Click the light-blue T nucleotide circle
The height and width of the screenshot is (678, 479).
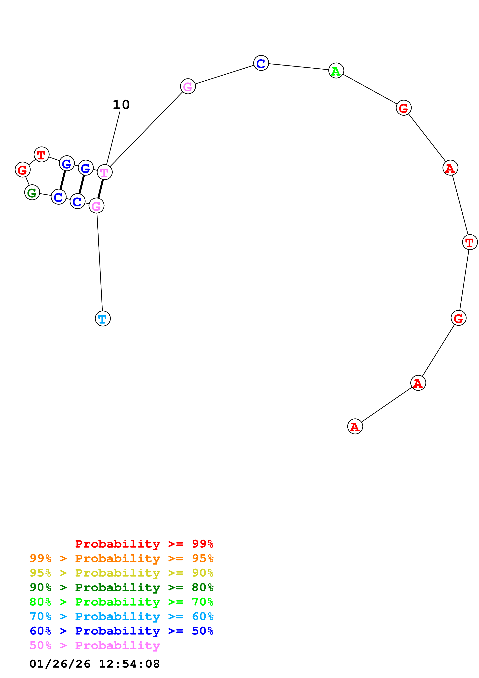click(x=103, y=319)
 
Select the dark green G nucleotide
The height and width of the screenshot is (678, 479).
click(x=32, y=192)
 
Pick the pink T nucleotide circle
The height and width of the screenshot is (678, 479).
click(x=105, y=172)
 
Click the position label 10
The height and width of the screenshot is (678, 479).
click(x=121, y=105)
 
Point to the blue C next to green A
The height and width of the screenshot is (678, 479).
click(x=261, y=63)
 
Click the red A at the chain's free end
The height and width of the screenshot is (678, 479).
click(x=355, y=427)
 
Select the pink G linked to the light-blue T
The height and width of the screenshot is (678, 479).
click(x=96, y=206)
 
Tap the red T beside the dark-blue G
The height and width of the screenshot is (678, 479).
click(x=41, y=154)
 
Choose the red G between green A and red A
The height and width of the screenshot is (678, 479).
click(x=403, y=108)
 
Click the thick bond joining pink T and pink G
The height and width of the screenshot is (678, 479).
click(x=101, y=189)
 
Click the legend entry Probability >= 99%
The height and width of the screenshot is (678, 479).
click(x=144, y=544)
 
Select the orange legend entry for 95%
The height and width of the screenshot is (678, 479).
click(x=121, y=558)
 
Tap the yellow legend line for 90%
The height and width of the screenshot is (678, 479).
click(x=121, y=573)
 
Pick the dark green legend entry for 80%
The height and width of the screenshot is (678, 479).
click(x=121, y=587)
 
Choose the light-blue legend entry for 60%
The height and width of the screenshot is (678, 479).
click(x=121, y=616)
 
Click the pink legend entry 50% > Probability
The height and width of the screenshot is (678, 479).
click(x=94, y=645)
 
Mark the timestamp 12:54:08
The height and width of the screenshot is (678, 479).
click(x=129, y=664)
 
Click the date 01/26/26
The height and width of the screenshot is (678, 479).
click(x=60, y=664)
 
